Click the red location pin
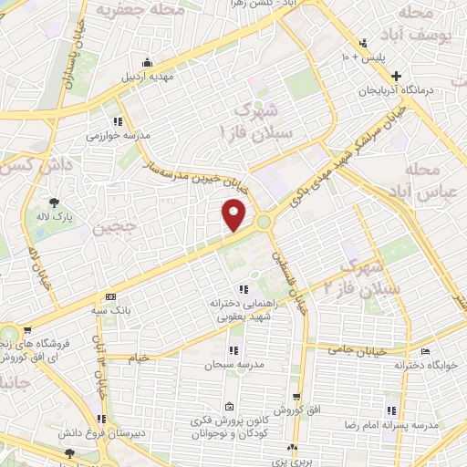click(235, 216)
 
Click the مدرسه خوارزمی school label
click(111, 135)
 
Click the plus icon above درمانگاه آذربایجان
click(395, 74)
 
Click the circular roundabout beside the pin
click(264, 222)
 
